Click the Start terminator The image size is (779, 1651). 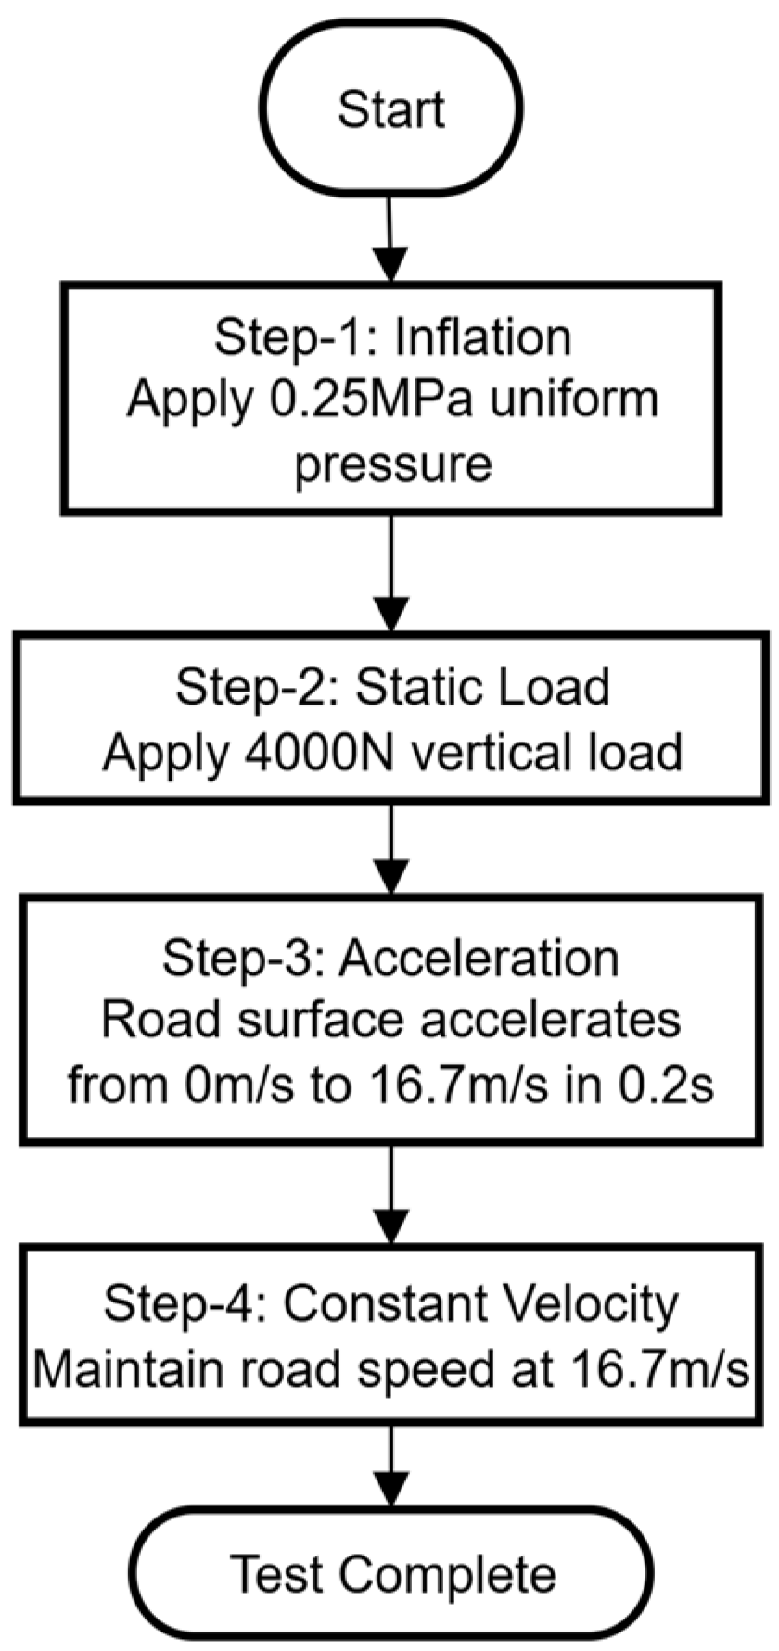coord(390,108)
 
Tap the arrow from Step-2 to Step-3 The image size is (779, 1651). coord(390,847)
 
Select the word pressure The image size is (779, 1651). coord(392,462)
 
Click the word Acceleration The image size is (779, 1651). coord(478,958)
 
